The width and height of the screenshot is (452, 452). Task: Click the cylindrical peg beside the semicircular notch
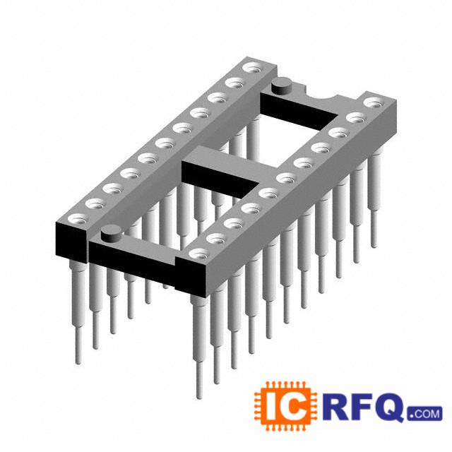click(282, 86)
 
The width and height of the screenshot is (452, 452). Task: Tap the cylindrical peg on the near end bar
click(112, 234)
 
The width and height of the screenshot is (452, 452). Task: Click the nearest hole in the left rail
click(78, 220)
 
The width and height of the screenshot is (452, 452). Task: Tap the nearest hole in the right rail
click(199, 254)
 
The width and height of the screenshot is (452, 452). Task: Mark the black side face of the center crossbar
click(220, 179)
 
